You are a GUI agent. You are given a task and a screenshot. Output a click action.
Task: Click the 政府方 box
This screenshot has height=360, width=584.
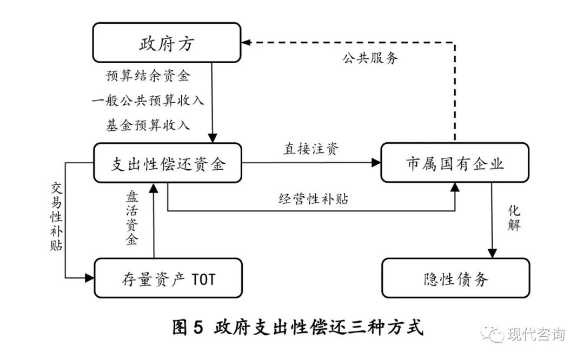pyautogui.click(x=167, y=43)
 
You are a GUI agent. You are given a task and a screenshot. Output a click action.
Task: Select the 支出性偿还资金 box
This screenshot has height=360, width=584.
pyautogui.click(x=168, y=163)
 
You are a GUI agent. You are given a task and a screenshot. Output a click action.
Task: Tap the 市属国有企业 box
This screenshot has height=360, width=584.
pyautogui.click(x=455, y=163)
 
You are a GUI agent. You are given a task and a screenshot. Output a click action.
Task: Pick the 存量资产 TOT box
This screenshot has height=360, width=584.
pyautogui.click(x=168, y=278)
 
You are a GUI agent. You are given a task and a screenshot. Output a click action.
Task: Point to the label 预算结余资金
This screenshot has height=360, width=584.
pyautogui.click(x=148, y=76)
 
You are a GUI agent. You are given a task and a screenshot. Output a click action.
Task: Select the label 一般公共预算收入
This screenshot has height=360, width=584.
pyautogui.click(x=148, y=101)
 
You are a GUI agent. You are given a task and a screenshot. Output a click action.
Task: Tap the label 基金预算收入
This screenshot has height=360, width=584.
pyautogui.click(x=148, y=125)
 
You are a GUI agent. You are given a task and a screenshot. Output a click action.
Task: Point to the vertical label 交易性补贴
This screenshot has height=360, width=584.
pyautogui.click(x=57, y=217)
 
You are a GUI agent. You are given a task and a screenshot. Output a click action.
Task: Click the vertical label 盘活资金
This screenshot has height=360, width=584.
pyautogui.click(x=131, y=217)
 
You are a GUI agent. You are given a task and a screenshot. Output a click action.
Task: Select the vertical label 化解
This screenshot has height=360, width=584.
pyautogui.click(x=514, y=217)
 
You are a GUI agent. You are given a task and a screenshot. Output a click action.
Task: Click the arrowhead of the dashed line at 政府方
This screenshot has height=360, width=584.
pyautogui.click(x=246, y=42)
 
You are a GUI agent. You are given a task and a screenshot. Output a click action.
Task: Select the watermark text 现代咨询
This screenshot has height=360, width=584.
pyautogui.click(x=535, y=334)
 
